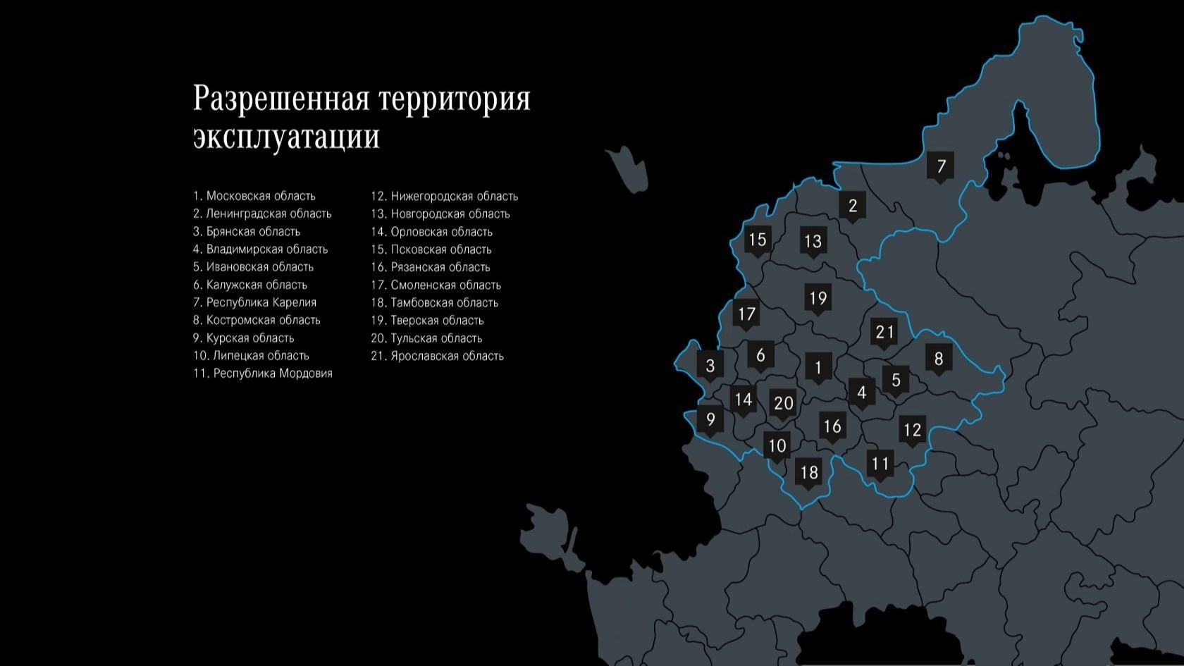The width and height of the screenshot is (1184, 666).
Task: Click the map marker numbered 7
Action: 940,166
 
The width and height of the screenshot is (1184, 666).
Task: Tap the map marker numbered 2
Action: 853,206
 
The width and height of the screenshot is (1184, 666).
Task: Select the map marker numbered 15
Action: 757,240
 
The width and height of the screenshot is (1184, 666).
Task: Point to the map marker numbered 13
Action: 813,242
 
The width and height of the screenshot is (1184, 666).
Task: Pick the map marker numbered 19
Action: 818,298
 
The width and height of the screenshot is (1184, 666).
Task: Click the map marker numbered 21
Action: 884,332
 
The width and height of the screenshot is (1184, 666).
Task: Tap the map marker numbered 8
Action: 938,359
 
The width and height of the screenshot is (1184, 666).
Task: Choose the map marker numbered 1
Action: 818,367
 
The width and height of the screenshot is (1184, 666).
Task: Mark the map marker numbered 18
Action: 809,472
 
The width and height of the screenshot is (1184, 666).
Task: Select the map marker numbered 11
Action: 880,464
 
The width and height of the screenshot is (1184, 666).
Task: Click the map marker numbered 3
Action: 710,366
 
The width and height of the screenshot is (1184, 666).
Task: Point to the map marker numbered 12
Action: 912,430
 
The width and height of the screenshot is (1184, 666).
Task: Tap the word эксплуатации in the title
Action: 286,136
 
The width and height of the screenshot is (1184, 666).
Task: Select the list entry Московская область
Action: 254,196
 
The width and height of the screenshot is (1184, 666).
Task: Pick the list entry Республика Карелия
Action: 254,302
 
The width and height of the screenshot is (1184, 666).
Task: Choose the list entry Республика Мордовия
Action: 262,374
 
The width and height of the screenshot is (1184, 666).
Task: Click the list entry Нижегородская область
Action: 444,196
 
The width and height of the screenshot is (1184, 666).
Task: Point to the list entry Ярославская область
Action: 437,356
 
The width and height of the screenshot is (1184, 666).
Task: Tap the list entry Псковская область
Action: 431,249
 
